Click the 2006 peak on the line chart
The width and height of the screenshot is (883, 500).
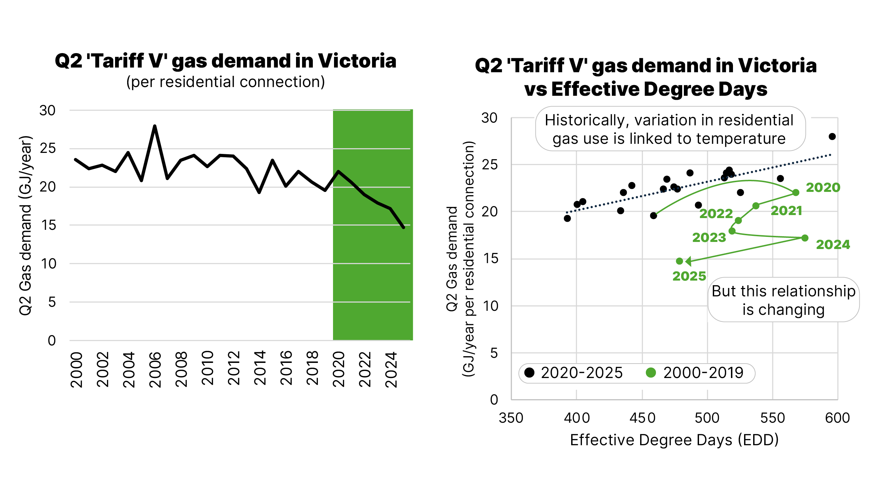pyautogui.click(x=155, y=126)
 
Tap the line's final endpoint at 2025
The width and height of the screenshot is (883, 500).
pyautogui.click(x=404, y=227)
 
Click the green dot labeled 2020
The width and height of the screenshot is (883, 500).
pyautogui.click(x=796, y=193)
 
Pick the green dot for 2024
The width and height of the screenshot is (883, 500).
pyautogui.click(x=805, y=238)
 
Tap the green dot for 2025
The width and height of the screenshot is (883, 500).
pyautogui.click(x=679, y=261)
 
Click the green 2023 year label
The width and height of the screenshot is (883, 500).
pyautogui.click(x=709, y=237)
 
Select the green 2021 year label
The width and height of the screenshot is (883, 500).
pyautogui.click(x=786, y=210)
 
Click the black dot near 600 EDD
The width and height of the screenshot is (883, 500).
pyautogui.click(x=832, y=137)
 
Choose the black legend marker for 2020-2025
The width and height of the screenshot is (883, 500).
pyautogui.click(x=530, y=373)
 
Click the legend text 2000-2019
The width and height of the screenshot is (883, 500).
pyautogui.click(x=703, y=373)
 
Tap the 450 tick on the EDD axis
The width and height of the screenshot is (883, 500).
pyautogui.click(x=642, y=418)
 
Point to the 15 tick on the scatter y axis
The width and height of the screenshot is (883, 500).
pyautogui.click(x=490, y=259)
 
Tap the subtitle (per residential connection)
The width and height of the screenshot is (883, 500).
pyautogui.click(x=225, y=82)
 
